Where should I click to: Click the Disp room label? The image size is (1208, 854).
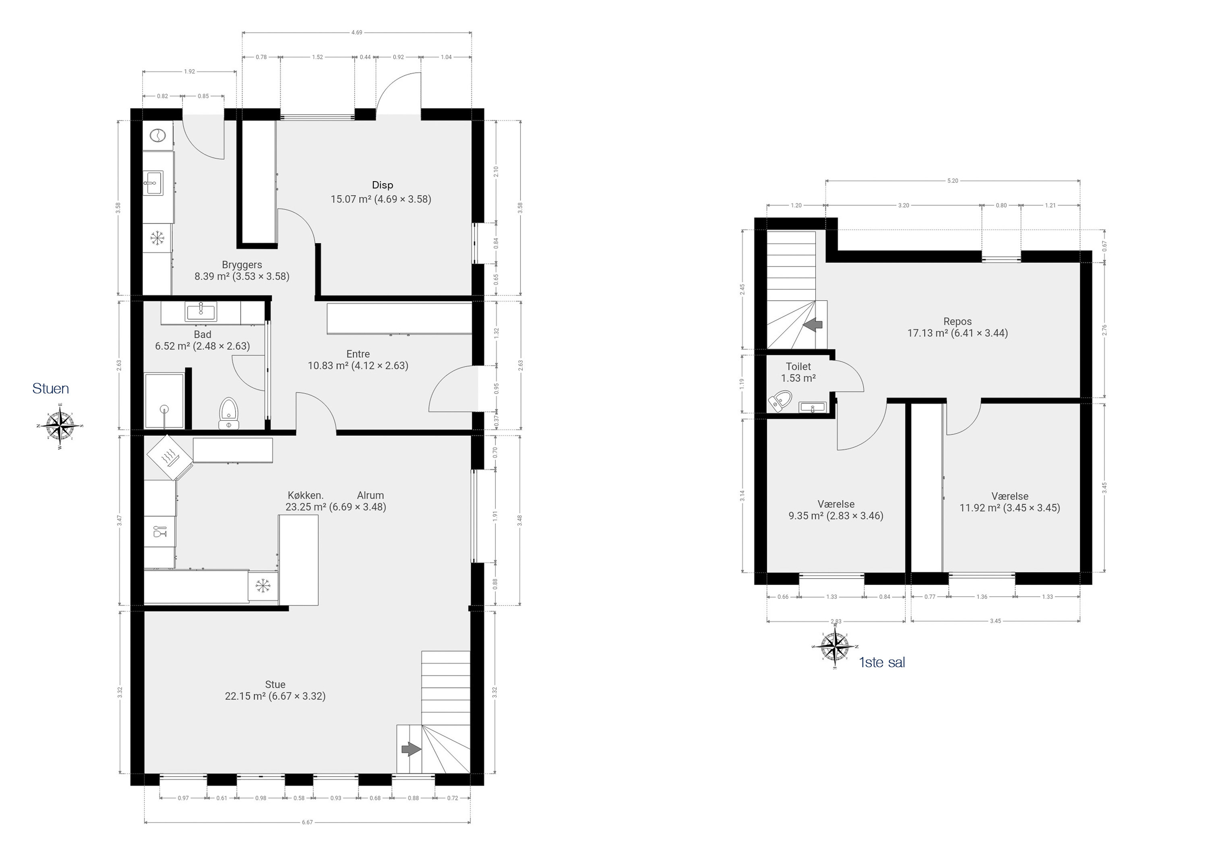pyautogui.click(x=383, y=185)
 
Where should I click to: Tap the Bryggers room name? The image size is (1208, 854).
pyautogui.click(x=242, y=265)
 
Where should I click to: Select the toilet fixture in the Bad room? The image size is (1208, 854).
pyautogui.click(x=229, y=413)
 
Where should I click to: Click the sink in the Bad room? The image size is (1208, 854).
pyautogui.click(x=201, y=312)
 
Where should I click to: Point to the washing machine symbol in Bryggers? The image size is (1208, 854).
pyautogui.click(x=157, y=136)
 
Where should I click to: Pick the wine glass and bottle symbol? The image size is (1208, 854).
pyautogui.click(x=159, y=531)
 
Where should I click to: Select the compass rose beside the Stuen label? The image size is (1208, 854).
pyautogui.click(x=60, y=426)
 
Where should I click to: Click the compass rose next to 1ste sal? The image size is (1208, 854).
pyautogui.click(x=836, y=646)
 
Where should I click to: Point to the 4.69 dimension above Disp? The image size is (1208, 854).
pyautogui.click(x=357, y=33)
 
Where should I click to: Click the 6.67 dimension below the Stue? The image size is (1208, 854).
pyautogui.click(x=307, y=822)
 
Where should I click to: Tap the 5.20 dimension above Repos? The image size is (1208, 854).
pyautogui.click(x=952, y=181)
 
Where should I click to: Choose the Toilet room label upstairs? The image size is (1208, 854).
pyautogui.click(x=798, y=367)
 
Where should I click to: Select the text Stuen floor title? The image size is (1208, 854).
pyautogui.click(x=50, y=389)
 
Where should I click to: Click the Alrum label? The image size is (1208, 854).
pyautogui.click(x=370, y=495)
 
